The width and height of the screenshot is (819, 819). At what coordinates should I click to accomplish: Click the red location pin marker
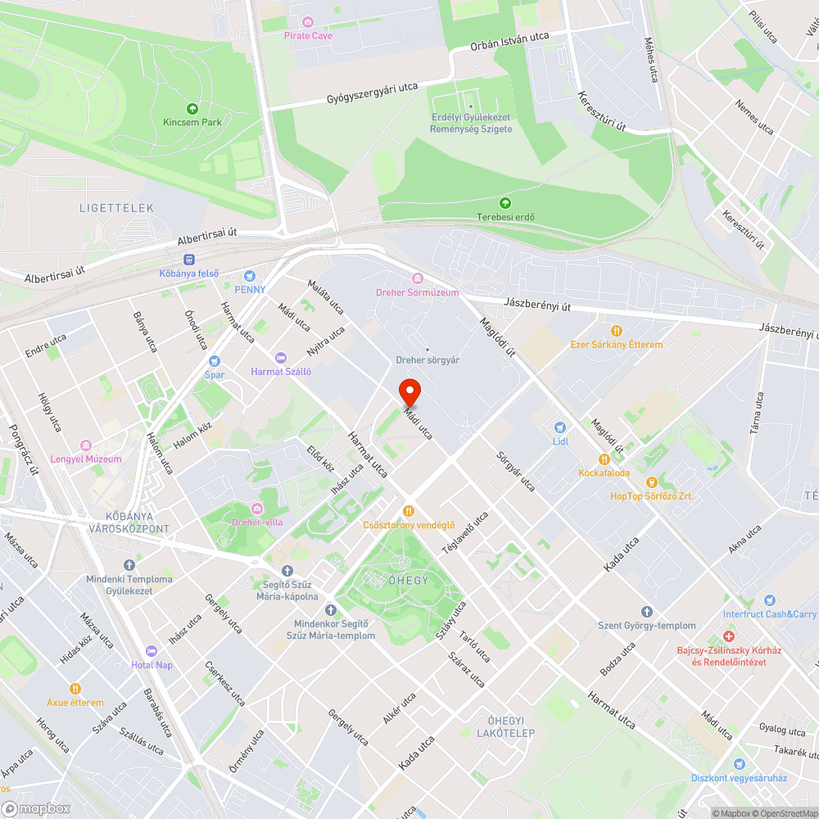[409, 392]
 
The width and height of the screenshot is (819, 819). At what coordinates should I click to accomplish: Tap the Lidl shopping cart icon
[560, 428]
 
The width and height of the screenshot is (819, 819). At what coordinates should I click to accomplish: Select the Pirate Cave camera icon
[308, 21]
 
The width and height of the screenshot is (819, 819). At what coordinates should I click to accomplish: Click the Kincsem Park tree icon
[192, 108]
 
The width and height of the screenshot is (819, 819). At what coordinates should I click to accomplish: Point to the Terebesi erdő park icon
[505, 202]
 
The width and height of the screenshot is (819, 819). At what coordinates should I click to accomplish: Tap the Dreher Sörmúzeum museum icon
[417, 278]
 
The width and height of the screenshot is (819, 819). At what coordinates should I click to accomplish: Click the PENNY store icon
[250, 276]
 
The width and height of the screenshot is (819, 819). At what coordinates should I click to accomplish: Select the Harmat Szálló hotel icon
[281, 358]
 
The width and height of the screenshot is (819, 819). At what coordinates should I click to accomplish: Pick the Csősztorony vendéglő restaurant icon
[409, 511]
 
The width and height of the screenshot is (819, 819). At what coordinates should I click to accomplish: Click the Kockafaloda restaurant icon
[604, 459]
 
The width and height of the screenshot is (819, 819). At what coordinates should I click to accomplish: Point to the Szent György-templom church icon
[646, 612]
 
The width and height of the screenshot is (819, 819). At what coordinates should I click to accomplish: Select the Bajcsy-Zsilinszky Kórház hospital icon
[728, 636]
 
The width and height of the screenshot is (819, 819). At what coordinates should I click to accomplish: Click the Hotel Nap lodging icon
[152, 651]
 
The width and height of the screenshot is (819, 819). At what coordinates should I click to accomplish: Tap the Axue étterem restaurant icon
[75, 689]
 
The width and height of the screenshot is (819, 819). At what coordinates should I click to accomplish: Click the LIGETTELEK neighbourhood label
[116, 208]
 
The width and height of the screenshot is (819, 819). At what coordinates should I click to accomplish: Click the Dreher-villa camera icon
[258, 509]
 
